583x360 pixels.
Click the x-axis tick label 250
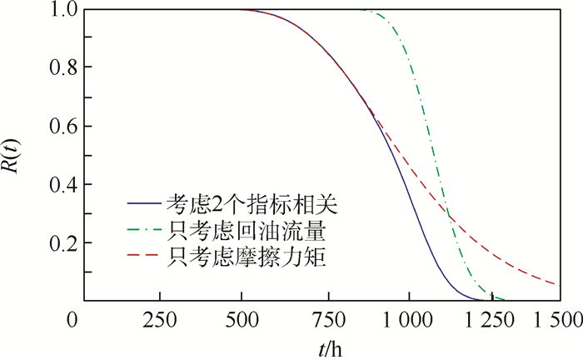158,320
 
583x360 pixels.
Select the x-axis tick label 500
242,320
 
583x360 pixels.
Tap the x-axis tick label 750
326,320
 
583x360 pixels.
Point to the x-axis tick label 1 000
409,320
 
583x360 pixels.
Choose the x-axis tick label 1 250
492,320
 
